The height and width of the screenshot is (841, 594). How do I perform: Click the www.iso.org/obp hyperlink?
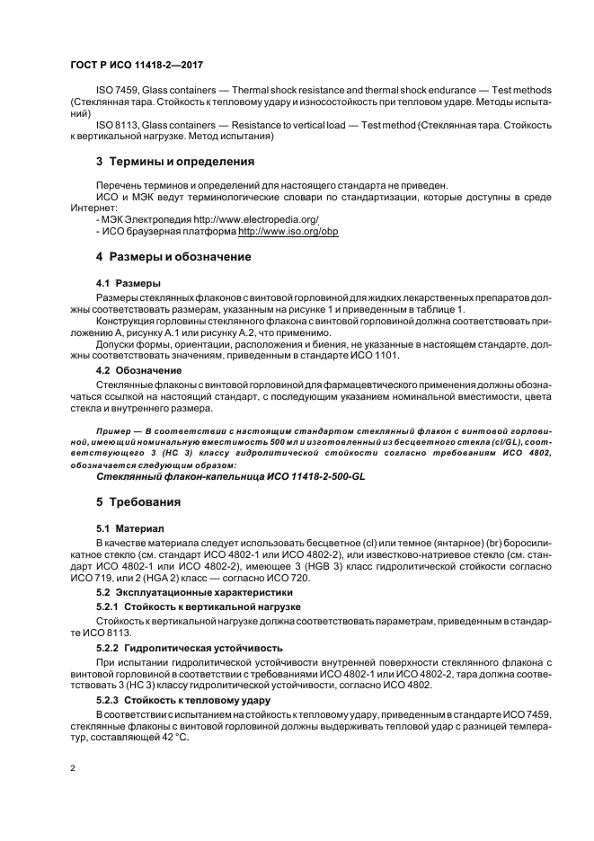(288, 231)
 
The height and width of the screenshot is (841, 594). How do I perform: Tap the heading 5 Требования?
(138, 501)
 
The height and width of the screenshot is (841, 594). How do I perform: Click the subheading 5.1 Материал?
(132, 528)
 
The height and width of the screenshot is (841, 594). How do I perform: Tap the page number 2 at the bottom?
(72, 768)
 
